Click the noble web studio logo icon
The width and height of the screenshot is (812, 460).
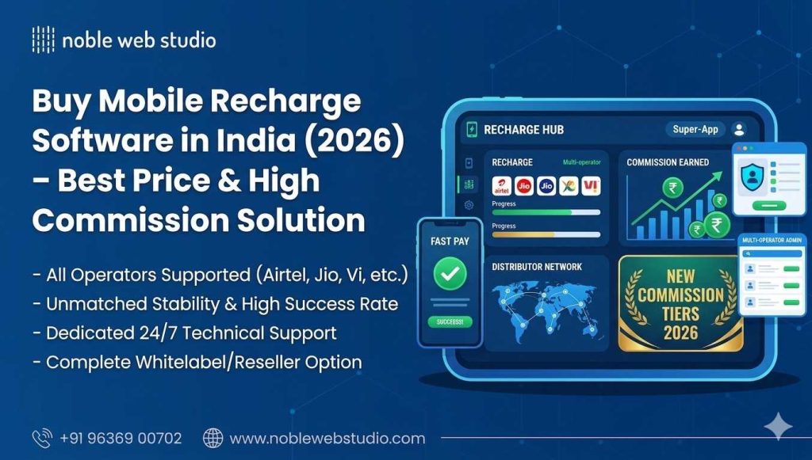point(42,40)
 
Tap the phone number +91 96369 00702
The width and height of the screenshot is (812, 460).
point(121,438)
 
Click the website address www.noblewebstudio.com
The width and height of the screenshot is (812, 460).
point(327,438)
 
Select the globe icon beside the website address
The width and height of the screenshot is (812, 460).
point(213,438)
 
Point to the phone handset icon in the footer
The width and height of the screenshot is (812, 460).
point(41,438)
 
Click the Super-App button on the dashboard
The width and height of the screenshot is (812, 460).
point(695,129)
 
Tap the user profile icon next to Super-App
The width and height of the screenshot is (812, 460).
point(738,129)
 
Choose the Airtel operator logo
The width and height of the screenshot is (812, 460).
point(501,187)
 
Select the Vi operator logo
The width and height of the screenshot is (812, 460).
point(590,187)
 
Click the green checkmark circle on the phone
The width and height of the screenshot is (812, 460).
point(450,274)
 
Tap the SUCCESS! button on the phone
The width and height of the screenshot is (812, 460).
point(450,321)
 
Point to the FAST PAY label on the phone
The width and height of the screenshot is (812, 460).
point(450,241)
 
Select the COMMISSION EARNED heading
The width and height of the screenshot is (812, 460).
point(668,162)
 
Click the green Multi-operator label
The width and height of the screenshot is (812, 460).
point(581,162)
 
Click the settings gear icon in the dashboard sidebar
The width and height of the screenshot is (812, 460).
point(468,205)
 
